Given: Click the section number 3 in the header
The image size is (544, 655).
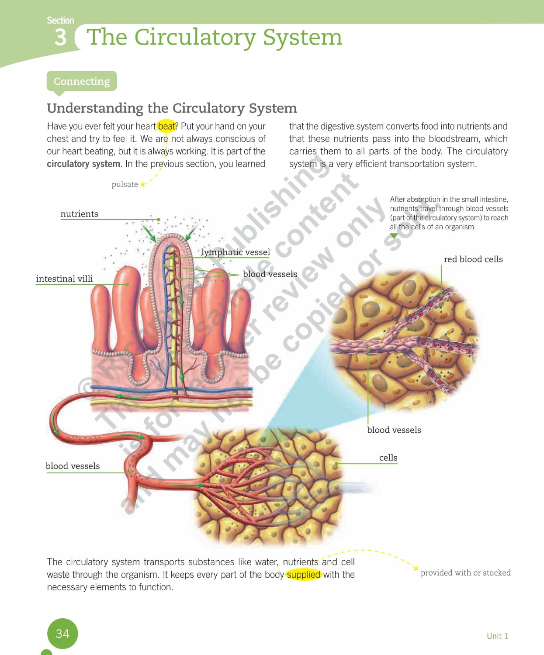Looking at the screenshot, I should click(60, 37).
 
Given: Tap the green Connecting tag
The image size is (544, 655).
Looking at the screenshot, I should click(82, 81).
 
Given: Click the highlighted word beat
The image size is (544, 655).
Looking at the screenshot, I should click(166, 126).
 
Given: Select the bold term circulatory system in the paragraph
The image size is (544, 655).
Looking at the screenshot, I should click(83, 164).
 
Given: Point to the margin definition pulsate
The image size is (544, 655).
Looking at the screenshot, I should click(125, 184).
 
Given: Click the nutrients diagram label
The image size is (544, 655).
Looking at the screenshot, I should click(80, 214).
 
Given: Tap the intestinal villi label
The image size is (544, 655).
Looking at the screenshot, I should click(64, 279).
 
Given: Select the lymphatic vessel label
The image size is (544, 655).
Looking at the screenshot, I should click(236, 252).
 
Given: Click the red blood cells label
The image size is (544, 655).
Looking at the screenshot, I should click(473, 259).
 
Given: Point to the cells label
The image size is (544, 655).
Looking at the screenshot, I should click(388, 458).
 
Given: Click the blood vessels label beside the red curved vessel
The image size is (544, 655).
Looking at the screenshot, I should click(73, 466).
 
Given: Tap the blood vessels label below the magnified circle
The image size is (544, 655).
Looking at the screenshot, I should click(394, 430).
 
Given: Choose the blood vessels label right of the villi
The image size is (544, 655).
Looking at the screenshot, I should click(270, 274).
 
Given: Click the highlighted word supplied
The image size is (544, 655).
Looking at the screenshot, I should click(304, 575).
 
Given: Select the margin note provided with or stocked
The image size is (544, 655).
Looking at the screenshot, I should click(465, 573).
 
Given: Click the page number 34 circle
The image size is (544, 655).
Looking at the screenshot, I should click(62, 634).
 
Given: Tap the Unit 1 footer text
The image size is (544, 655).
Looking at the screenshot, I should click(497, 636).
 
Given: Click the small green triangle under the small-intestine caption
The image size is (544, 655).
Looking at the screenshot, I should click(394, 236).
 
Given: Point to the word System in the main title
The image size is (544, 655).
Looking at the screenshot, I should click(302, 37).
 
